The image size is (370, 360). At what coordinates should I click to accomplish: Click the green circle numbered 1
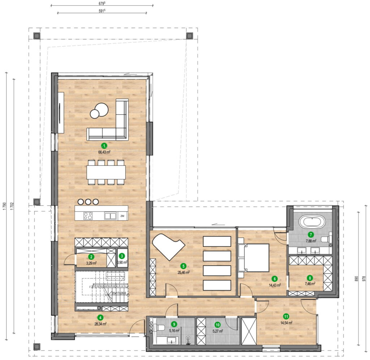104,146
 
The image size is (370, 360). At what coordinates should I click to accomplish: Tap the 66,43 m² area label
104,152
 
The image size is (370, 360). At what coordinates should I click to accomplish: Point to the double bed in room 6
255,257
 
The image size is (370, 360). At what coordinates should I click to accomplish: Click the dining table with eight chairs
106,172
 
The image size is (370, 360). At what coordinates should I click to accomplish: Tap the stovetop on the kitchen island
88,216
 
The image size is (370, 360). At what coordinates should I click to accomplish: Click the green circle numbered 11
286,317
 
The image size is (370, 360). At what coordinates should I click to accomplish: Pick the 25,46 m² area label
184,273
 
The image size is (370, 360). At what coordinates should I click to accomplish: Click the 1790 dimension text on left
5,206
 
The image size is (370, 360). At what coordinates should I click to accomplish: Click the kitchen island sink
110,216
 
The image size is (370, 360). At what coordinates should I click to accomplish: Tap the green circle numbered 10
218,324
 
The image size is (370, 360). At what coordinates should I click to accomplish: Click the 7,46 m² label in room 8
310,284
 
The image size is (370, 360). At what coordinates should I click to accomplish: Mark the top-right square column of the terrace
189,36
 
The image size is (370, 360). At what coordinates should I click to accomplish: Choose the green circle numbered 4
100,318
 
